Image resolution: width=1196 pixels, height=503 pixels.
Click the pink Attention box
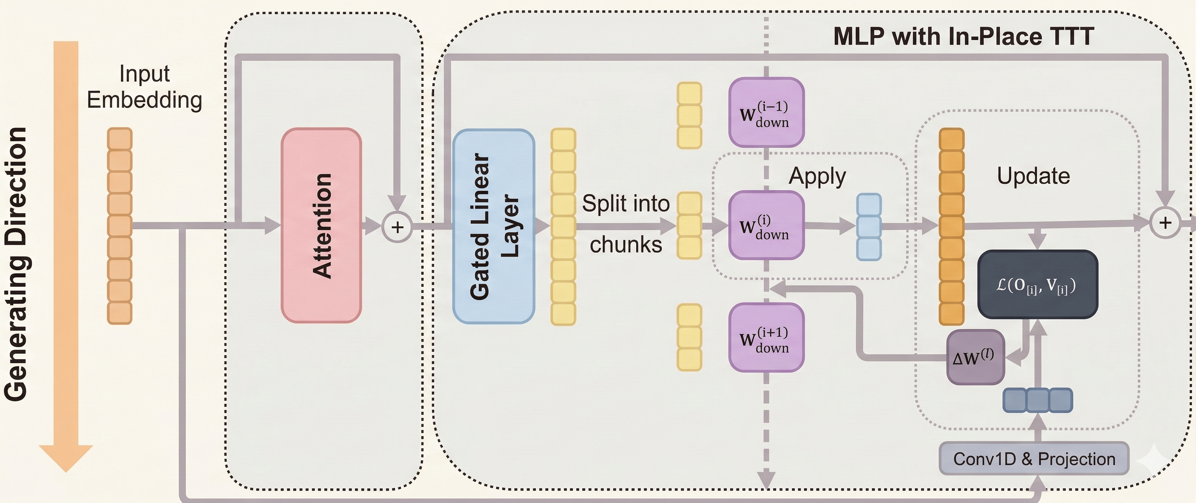(321, 226)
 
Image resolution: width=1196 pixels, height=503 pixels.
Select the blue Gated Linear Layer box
(494, 226)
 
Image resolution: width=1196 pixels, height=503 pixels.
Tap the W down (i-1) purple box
(766, 113)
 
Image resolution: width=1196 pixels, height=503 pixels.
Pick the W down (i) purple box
(766, 226)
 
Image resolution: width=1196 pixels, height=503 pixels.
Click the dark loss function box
(1038, 284)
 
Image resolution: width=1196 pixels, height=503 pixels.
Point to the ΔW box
(975, 357)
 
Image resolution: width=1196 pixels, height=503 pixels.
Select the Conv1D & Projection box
(1034, 458)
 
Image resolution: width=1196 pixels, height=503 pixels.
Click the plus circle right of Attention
(397, 228)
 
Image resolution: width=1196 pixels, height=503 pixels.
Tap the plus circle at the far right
(1165, 223)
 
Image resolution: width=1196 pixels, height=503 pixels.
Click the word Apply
(817, 176)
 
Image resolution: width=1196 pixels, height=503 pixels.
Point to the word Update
(1033, 176)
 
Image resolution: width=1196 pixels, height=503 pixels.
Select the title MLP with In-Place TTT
(963, 36)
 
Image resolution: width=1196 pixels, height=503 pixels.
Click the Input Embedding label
(145, 87)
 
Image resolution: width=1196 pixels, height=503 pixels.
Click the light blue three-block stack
(869, 227)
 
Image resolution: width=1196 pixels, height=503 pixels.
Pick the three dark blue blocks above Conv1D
(1038, 400)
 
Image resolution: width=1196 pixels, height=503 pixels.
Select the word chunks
(625, 244)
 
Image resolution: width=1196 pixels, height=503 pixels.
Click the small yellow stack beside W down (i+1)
(689, 337)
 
